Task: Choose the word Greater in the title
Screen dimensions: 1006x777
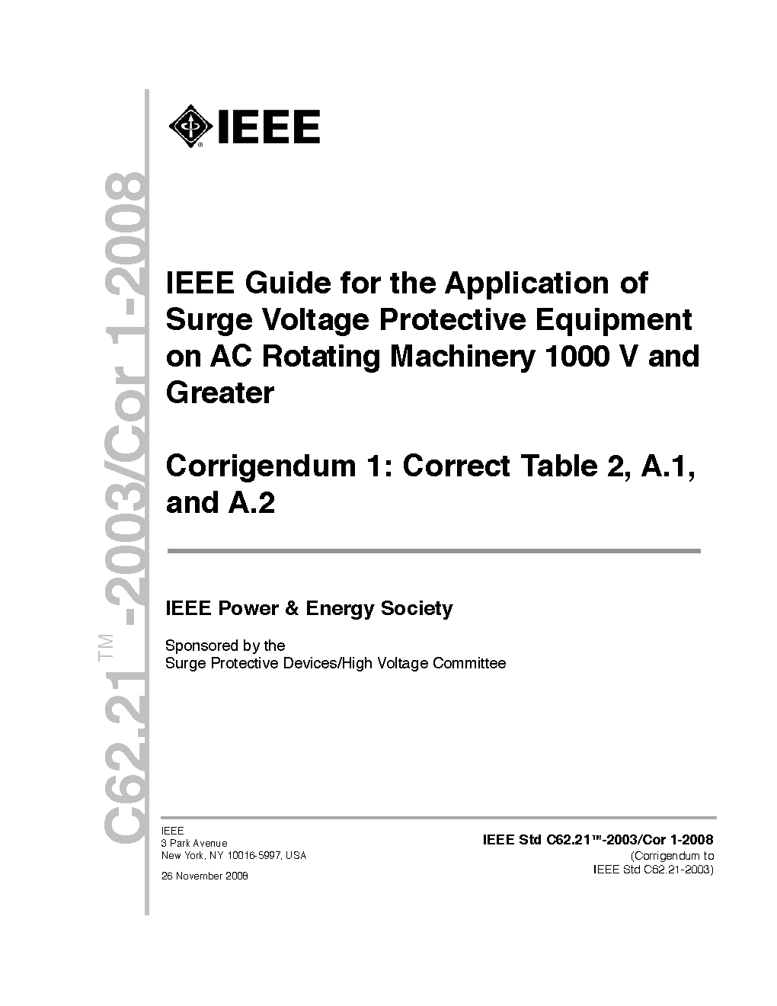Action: click(x=220, y=393)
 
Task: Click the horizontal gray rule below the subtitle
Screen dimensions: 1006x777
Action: click(x=433, y=550)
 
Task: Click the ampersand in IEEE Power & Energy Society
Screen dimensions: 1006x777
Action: click(x=293, y=608)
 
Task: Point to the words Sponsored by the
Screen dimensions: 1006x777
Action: click(x=225, y=646)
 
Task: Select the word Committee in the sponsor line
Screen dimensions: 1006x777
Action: click(x=469, y=663)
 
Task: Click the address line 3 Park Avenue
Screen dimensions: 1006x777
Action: click(x=194, y=843)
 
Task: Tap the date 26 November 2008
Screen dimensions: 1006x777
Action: click(x=205, y=876)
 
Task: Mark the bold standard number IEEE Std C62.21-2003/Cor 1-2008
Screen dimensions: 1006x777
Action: click(x=598, y=841)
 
